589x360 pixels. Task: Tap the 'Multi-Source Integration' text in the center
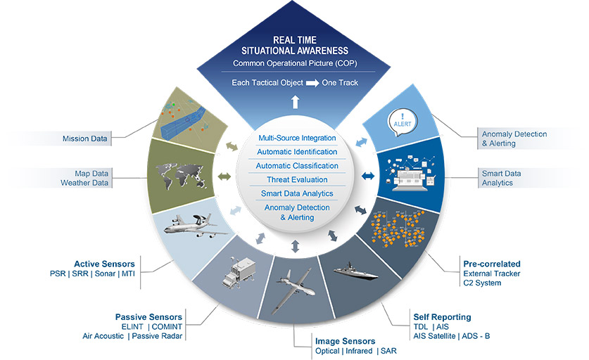[x=296, y=138]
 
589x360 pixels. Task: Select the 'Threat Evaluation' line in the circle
[x=296, y=179]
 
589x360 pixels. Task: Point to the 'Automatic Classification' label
[x=296, y=166]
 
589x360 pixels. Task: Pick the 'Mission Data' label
[x=84, y=139]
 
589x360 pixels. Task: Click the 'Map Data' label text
[x=93, y=172]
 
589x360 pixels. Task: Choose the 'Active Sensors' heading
[x=104, y=264]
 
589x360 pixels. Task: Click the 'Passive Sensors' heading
[x=148, y=316]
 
